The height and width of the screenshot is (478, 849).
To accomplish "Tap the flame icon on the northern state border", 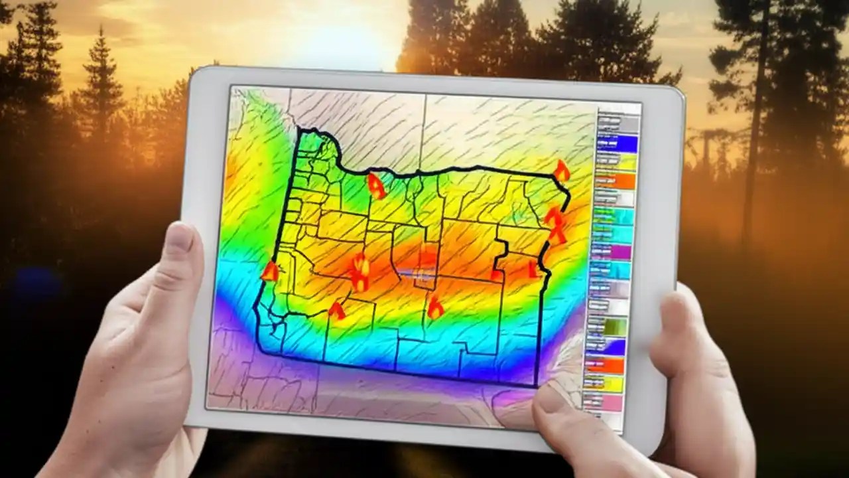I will (x=377, y=186).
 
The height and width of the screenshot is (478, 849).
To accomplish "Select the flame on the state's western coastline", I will (x=270, y=271).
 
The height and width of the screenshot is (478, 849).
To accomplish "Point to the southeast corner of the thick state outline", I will (x=535, y=385).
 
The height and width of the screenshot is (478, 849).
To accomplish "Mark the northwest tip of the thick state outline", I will (x=299, y=130).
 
